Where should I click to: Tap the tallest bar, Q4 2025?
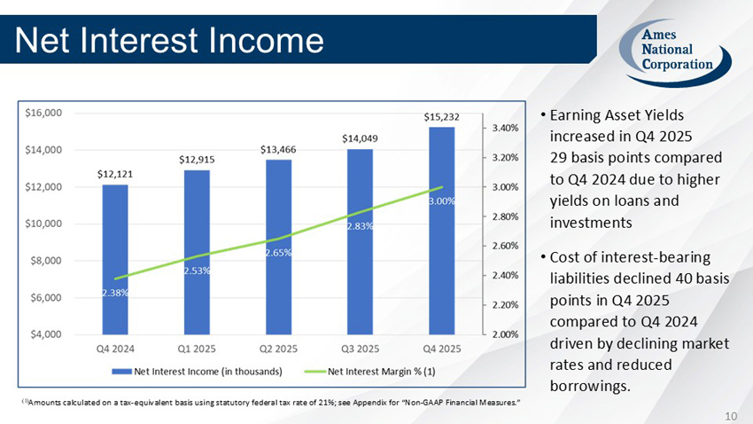[x=441, y=231]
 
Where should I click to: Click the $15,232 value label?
[x=441, y=116]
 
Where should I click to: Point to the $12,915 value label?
[x=197, y=159]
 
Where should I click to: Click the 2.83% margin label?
[x=360, y=226]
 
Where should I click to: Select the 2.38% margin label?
[x=115, y=293]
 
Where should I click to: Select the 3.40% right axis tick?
[x=505, y=128]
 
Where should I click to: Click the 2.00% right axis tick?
[x=505, y=334]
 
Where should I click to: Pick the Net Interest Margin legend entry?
[x=381, y=370]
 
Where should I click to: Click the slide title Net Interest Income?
[x=168, y=39]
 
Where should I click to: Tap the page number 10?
[x=731, y=414]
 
